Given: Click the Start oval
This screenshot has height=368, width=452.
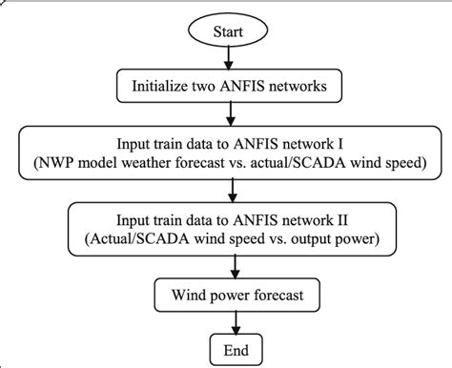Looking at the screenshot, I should tap(226, 31).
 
